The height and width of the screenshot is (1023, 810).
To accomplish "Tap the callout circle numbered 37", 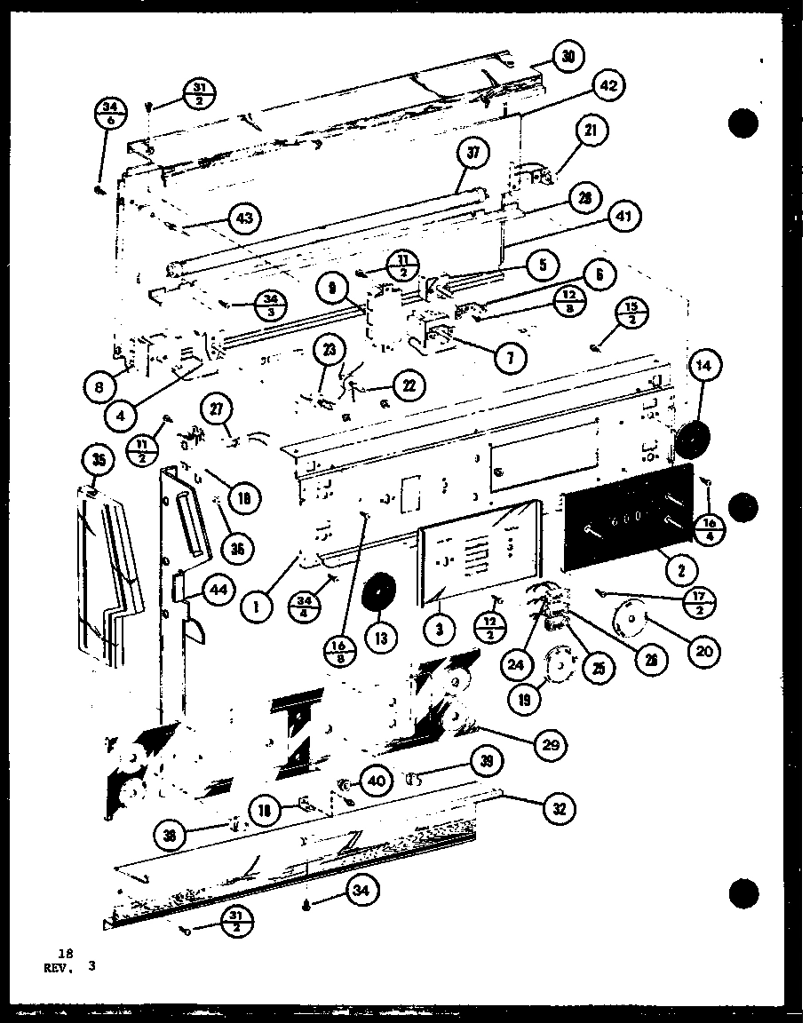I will (473, 155).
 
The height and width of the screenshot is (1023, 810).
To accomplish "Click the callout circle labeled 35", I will (97, 461).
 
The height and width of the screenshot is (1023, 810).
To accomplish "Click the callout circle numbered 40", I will (375, 781).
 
